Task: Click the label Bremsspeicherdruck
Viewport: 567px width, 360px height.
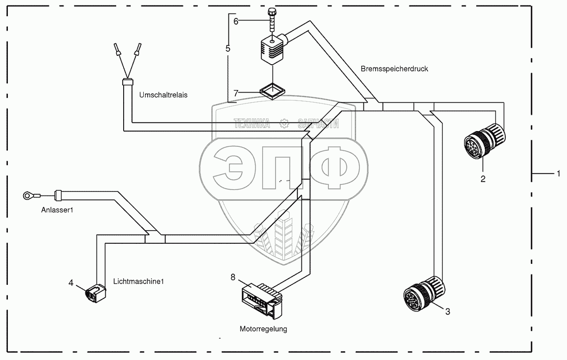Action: [394, 69]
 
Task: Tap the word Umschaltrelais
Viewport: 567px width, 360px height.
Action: [163, 94]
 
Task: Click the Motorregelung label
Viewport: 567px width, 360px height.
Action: [263, 329]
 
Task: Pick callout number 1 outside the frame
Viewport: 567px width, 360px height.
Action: [558, 173]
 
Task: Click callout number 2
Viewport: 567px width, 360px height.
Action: [483, 178]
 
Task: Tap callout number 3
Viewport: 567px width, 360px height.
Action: [447, 312]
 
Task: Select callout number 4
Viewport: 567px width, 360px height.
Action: [71, 282]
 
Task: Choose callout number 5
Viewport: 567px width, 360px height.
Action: [228, 48]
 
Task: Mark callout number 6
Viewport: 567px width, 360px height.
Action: [236, 21]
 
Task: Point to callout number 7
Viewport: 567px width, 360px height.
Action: [236, 93]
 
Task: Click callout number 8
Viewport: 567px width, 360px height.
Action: [233, 277]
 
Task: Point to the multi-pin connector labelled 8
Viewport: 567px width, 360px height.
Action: [261, 299]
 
